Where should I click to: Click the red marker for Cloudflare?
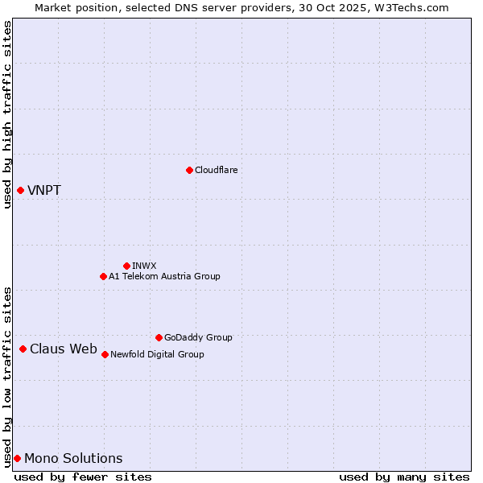189,170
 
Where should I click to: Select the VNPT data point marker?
20,190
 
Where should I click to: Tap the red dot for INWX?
126,266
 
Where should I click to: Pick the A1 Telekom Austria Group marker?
103,276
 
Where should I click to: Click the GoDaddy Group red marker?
159,337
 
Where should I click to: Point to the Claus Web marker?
23,349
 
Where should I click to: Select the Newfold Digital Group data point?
105,354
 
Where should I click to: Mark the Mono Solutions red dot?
17,458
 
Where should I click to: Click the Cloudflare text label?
216,170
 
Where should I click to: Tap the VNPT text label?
44,191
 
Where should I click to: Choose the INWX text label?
144,266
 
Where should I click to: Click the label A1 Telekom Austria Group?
164,276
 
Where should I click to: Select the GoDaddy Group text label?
198,337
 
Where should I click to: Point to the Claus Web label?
64,349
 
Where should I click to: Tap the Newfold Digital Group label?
157,354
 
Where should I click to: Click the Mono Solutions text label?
73,459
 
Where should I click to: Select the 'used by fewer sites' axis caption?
83,477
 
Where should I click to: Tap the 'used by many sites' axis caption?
404,477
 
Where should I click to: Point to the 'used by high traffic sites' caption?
8,114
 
